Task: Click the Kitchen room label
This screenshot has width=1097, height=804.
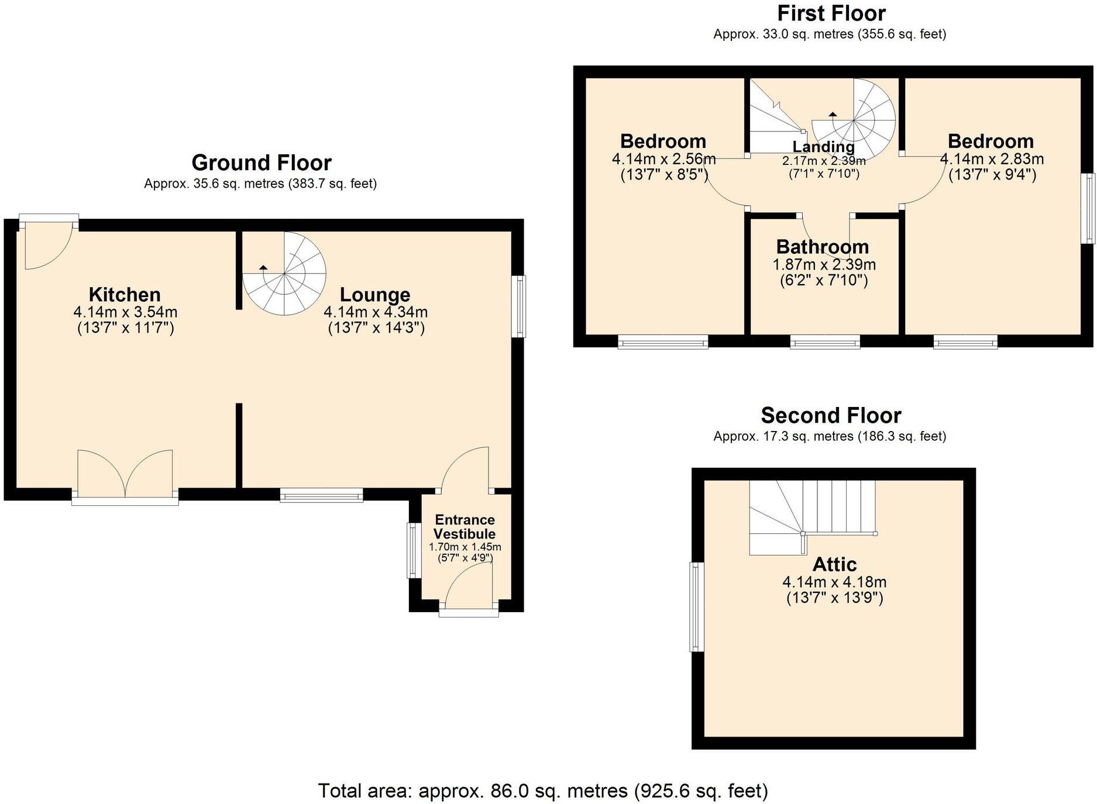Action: [125, 295]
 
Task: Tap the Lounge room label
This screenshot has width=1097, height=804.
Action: [375, 295]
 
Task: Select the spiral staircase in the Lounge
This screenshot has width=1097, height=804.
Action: [285, 274]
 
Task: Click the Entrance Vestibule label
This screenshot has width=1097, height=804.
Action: [465, 527]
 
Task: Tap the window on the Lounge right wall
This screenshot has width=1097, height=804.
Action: [519, 306]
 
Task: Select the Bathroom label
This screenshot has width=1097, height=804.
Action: [822, 247]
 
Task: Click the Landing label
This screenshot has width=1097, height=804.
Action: [823, 147]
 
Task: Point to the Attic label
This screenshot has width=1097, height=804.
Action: [834, 564]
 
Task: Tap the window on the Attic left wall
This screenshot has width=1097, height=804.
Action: [696, 606]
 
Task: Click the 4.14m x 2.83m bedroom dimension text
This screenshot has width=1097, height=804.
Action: [991, 158]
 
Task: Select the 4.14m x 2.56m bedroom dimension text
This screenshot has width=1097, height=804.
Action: [663, 158]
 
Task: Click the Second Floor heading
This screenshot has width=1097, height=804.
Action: [830, 415]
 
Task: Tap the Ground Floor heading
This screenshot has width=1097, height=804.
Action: [261, 163]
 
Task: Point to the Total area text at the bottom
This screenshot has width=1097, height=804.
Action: [542, 791]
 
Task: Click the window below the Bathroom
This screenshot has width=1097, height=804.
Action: [825, 341]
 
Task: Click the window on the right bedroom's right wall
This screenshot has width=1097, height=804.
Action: [1088, 208]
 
